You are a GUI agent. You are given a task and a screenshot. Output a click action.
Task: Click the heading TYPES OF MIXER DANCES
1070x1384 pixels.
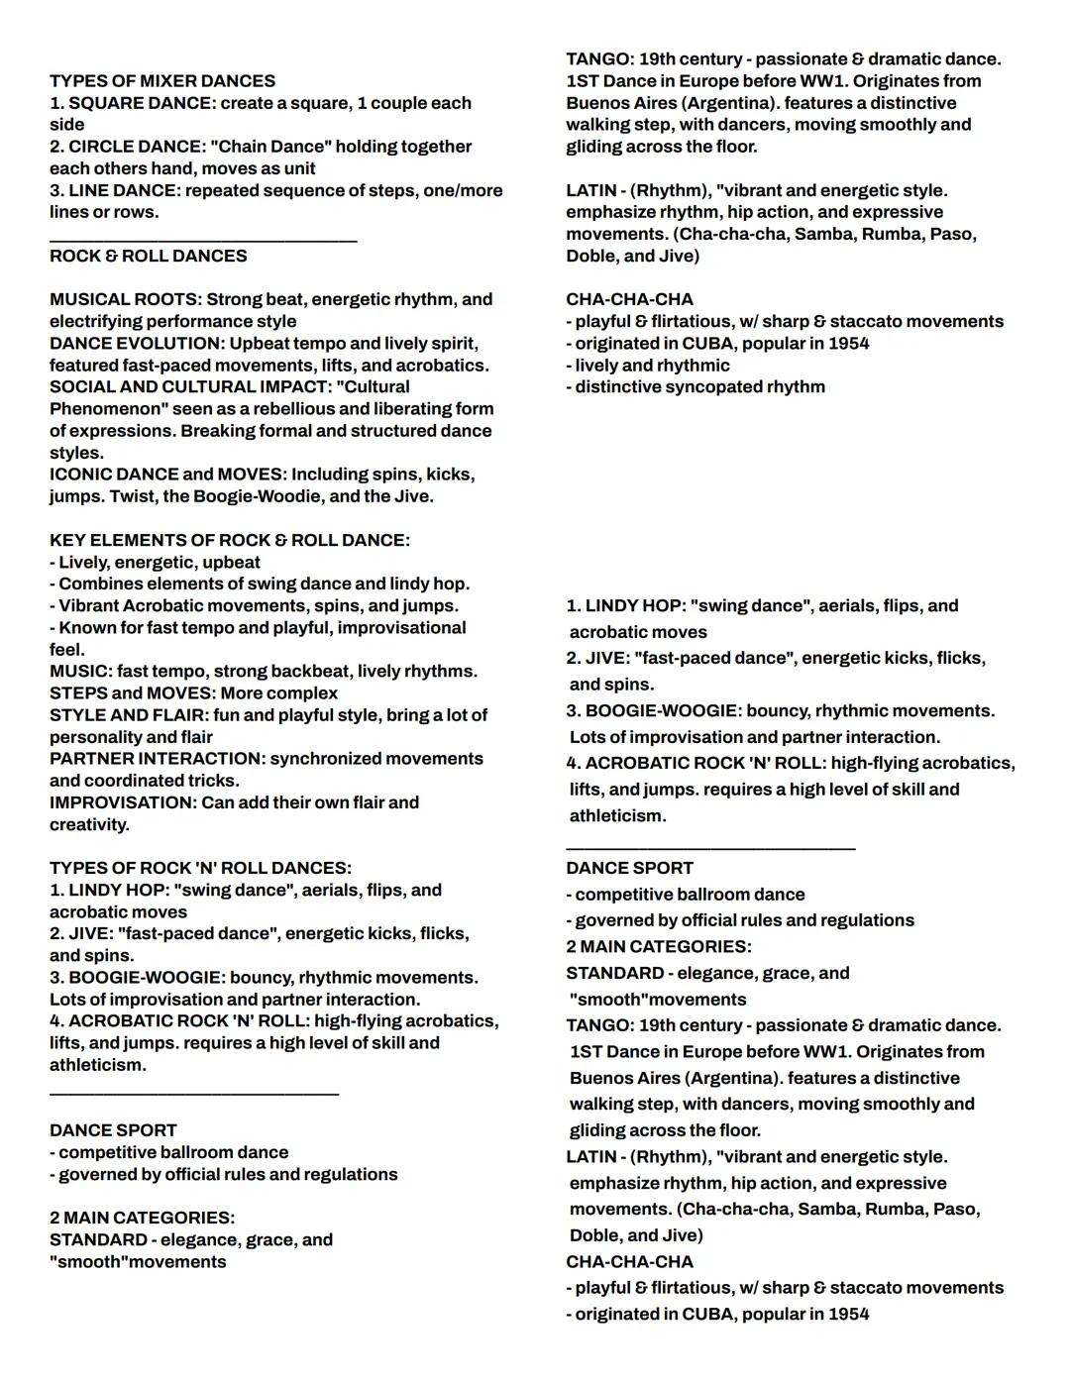162,81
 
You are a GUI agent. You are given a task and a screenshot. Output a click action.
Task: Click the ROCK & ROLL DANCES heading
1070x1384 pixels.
149,256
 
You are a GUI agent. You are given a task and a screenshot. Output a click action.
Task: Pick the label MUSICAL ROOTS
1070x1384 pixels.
124,299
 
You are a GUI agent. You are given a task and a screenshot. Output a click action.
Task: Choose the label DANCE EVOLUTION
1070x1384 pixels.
136,344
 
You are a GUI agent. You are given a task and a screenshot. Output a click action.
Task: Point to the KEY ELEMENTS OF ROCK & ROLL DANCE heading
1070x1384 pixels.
230,541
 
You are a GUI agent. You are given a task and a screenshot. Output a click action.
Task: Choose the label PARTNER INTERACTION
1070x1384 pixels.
156,759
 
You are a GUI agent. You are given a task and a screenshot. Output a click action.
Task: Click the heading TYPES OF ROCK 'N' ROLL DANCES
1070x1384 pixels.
200,868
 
